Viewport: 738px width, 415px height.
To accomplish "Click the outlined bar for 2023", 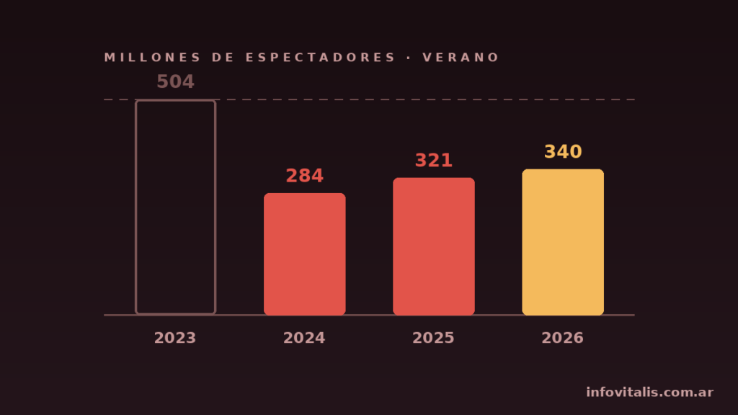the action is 136,207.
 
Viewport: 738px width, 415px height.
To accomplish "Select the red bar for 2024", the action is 305,254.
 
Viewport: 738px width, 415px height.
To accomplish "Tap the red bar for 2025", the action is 433,246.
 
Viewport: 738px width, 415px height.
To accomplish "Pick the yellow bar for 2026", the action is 563,242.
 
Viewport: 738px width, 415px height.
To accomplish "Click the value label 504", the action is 175,81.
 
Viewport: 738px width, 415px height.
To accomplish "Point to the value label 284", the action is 305,176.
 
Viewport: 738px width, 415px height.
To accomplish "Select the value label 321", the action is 433,161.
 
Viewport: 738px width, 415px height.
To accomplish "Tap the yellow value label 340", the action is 563,151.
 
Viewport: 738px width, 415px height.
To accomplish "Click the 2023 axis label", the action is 175,338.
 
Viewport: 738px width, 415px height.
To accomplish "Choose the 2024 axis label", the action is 304,338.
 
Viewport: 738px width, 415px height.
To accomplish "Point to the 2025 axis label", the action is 433,338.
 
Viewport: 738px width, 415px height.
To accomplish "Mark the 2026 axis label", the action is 562,338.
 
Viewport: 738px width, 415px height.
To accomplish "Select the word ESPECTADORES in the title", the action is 320,58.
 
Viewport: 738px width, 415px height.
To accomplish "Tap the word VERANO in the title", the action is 461,58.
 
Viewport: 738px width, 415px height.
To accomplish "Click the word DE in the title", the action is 223,58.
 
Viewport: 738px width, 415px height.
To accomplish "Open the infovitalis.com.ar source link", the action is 649,392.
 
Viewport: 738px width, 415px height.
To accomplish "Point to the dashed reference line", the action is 369,99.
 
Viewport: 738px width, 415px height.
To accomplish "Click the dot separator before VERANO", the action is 409,58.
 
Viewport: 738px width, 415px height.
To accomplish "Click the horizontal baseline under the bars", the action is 369,315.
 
